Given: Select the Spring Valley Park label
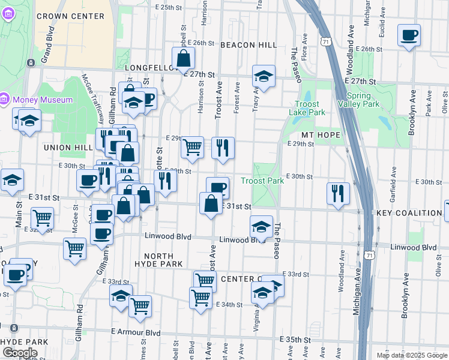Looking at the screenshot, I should [x=363, y=100].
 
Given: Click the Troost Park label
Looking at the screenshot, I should [x=262, y=181].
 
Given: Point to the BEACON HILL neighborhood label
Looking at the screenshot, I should [x=248, y=45].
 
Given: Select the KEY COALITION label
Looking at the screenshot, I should [x=410, y=213].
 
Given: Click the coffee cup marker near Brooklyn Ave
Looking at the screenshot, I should [x=409, y=35].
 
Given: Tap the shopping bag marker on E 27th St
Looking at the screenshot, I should [x=184, y=59].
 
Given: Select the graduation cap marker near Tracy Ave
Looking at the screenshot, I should [x=263, y=76].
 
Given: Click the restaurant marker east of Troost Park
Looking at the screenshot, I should [x=338, y=193].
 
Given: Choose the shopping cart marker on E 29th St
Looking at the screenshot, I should [x=192, y=146].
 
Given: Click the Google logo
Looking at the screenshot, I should [x=19, y=353].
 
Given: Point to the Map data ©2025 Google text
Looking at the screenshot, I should [x=411, y=355].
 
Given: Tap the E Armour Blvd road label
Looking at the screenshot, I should [x=136, y=332].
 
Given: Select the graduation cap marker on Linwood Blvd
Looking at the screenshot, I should [x=261, y=227].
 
